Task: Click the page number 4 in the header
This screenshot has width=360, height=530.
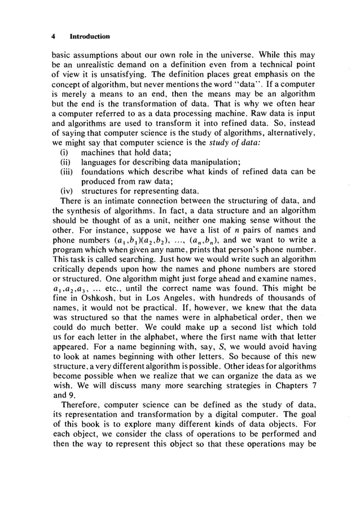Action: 52,36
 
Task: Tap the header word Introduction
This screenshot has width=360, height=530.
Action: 89,36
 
